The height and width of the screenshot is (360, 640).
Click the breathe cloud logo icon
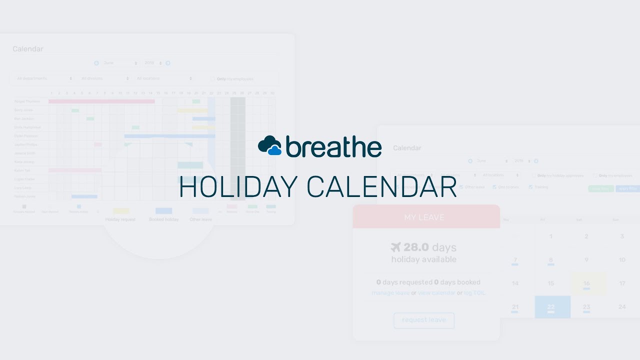270,145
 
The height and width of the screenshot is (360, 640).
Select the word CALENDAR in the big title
381,187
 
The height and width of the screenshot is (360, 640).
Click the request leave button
424,320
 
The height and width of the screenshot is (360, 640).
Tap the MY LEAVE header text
424,217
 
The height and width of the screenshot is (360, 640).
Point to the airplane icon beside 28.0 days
396,247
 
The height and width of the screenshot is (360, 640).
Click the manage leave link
390,293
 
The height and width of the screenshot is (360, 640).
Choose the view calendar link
436,293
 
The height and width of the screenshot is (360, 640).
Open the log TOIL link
474,293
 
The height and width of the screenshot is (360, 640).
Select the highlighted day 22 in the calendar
551,307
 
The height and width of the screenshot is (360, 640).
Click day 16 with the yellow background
586,283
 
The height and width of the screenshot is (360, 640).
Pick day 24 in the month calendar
622,306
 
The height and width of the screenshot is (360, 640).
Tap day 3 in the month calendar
622,236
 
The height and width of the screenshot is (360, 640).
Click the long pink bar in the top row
101,101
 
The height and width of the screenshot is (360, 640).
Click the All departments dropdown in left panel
44,78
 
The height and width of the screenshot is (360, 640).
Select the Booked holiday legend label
163,219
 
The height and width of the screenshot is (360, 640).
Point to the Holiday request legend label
120,219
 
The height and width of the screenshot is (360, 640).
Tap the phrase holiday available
424,259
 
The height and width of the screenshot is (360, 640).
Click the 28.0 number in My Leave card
416,247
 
